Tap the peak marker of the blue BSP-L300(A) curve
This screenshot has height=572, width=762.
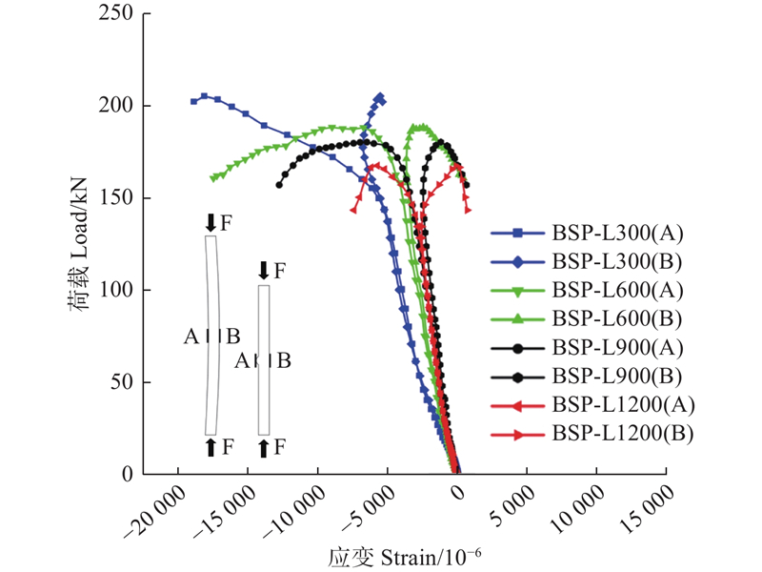[205, 96]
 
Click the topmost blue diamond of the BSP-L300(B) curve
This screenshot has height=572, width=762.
[380, 97]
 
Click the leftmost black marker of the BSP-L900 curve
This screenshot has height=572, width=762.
[279, 185]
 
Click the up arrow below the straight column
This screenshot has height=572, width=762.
[264, 448]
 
